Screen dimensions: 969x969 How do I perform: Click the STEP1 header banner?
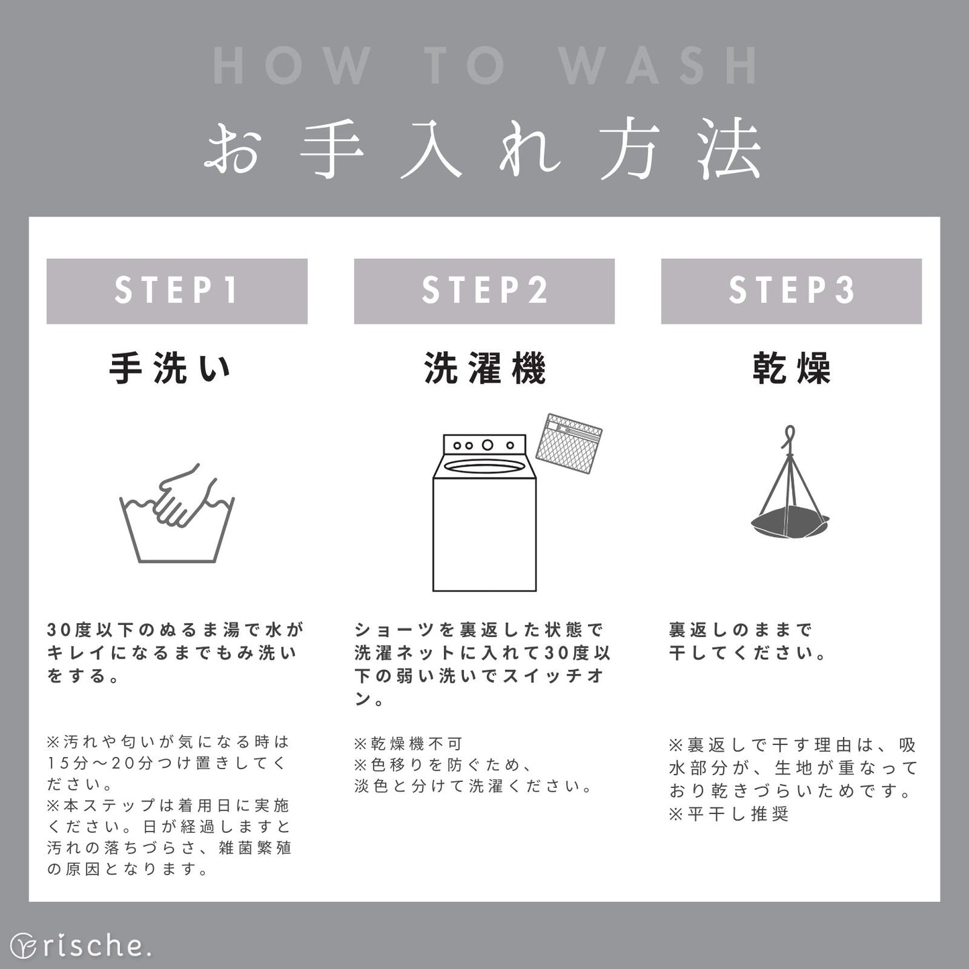pos(177,291)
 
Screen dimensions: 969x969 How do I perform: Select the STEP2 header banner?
pos(484,291)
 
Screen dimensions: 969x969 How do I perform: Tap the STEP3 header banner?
pos(791,291)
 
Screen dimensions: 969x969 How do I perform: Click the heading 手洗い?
pos(170,369)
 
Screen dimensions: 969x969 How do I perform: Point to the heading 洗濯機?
pos(485,369)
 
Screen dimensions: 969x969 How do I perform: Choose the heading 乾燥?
pos(791,369)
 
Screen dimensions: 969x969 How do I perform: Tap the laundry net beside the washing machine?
pos(569,444)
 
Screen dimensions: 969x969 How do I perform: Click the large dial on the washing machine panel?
pos(488,445)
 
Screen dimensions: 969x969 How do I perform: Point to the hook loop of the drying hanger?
pos(790,437)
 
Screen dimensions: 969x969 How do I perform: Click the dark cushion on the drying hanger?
pos(790,525)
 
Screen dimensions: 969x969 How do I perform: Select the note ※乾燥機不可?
pos(408,743)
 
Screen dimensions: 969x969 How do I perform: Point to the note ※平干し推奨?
pos(729,813)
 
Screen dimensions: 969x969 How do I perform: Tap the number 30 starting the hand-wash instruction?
pos(59,630)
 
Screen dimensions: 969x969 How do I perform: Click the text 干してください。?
pos(747,652)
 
